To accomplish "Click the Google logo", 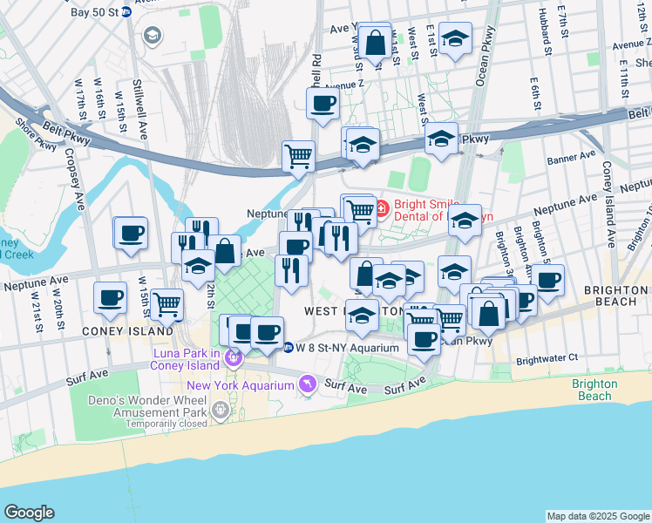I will click(x=29, y=513).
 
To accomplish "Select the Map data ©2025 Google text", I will click(x=598, y=516).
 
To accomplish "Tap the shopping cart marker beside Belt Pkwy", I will click(x=298, y=157).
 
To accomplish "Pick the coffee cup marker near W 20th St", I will click(x=110, y=298).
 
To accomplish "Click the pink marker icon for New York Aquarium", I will click(x=307, y=384).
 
